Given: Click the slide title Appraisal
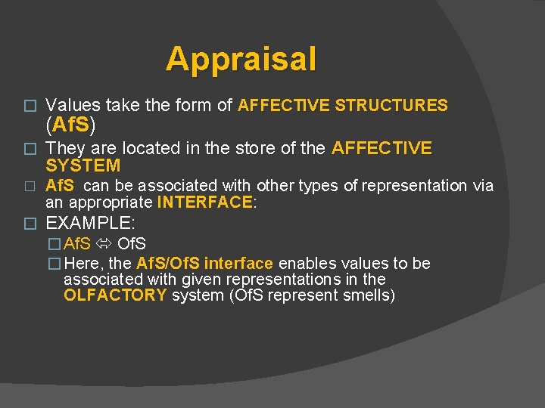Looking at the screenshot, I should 241,59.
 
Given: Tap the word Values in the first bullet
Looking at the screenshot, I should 70,106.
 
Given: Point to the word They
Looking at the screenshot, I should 65,148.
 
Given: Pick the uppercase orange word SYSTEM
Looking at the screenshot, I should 83,165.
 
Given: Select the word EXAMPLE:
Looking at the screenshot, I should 90,223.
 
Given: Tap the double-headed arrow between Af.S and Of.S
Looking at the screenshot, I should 104,244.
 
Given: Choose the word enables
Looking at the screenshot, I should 305,264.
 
